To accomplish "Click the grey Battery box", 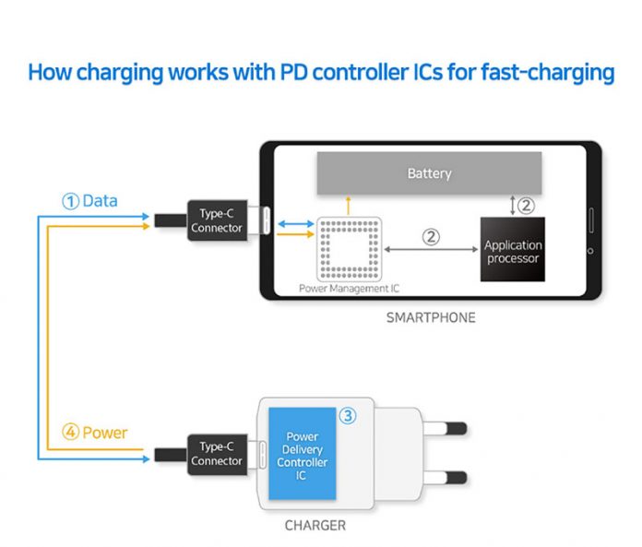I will point(429,173).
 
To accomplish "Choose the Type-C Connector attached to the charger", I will point(217,454).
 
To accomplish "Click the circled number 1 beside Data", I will point(70,201).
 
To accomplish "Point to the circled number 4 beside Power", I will point(70,432).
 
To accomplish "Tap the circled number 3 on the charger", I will point(347,416).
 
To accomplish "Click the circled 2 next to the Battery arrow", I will point(525,205).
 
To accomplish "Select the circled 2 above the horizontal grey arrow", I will point(430,236).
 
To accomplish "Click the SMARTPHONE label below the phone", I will point(432,318).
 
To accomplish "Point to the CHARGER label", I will point(315,526).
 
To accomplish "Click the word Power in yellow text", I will point(105,432).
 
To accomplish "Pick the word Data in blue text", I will point(100,201).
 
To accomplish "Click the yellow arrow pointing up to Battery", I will point(348,204).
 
